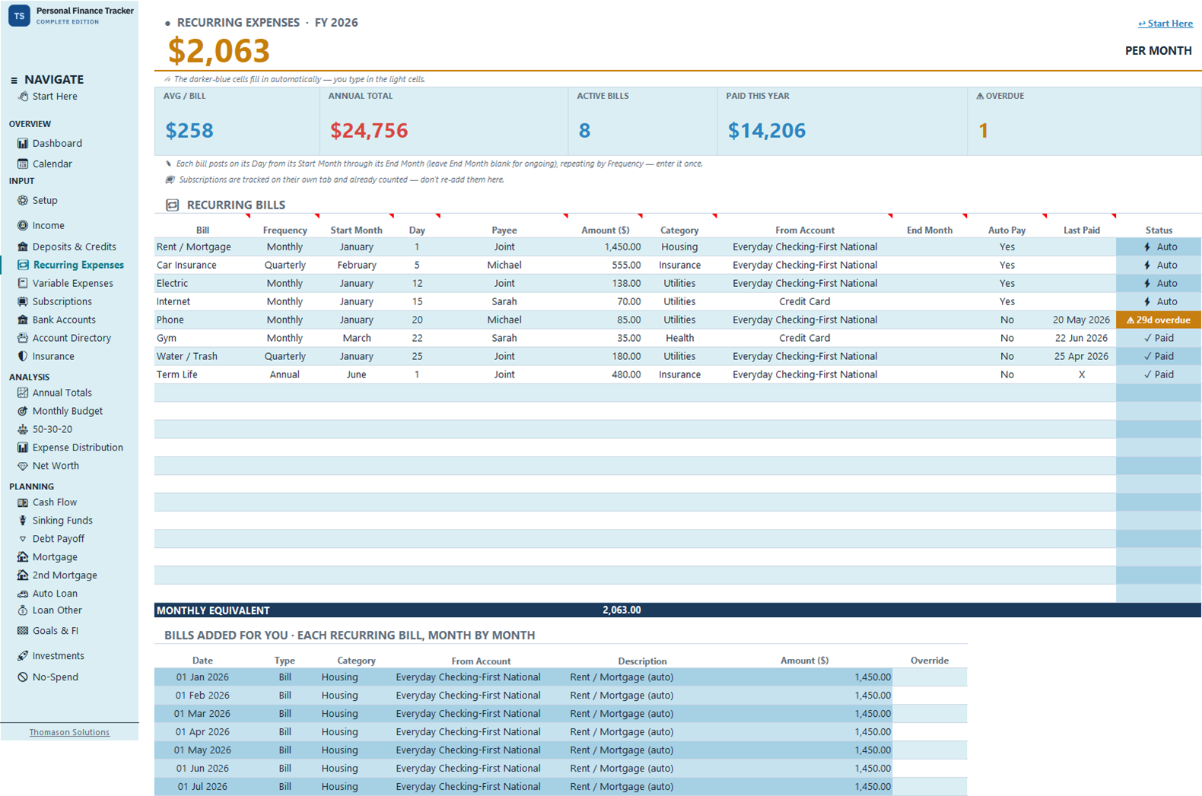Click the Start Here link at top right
[1165, 23]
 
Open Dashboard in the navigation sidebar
[57, 143]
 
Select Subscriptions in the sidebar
[62, 301]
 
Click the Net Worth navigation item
[56, 466]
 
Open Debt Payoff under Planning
[59, 538]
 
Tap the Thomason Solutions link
[69, 732]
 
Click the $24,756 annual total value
[369, 130]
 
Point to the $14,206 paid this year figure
[767, 130]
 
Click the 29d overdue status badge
[1159, 320]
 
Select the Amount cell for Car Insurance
[626, 265]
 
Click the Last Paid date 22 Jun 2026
[1081, 338]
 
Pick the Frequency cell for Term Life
[285, 374]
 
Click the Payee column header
[504, 231]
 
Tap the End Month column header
[930, 231]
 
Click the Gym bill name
[167, 338]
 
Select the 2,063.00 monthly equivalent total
[622, 610]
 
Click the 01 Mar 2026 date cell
[202, 714]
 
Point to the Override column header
[930, 661]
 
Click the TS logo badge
[19, 15]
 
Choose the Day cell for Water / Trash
[417, 356]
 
